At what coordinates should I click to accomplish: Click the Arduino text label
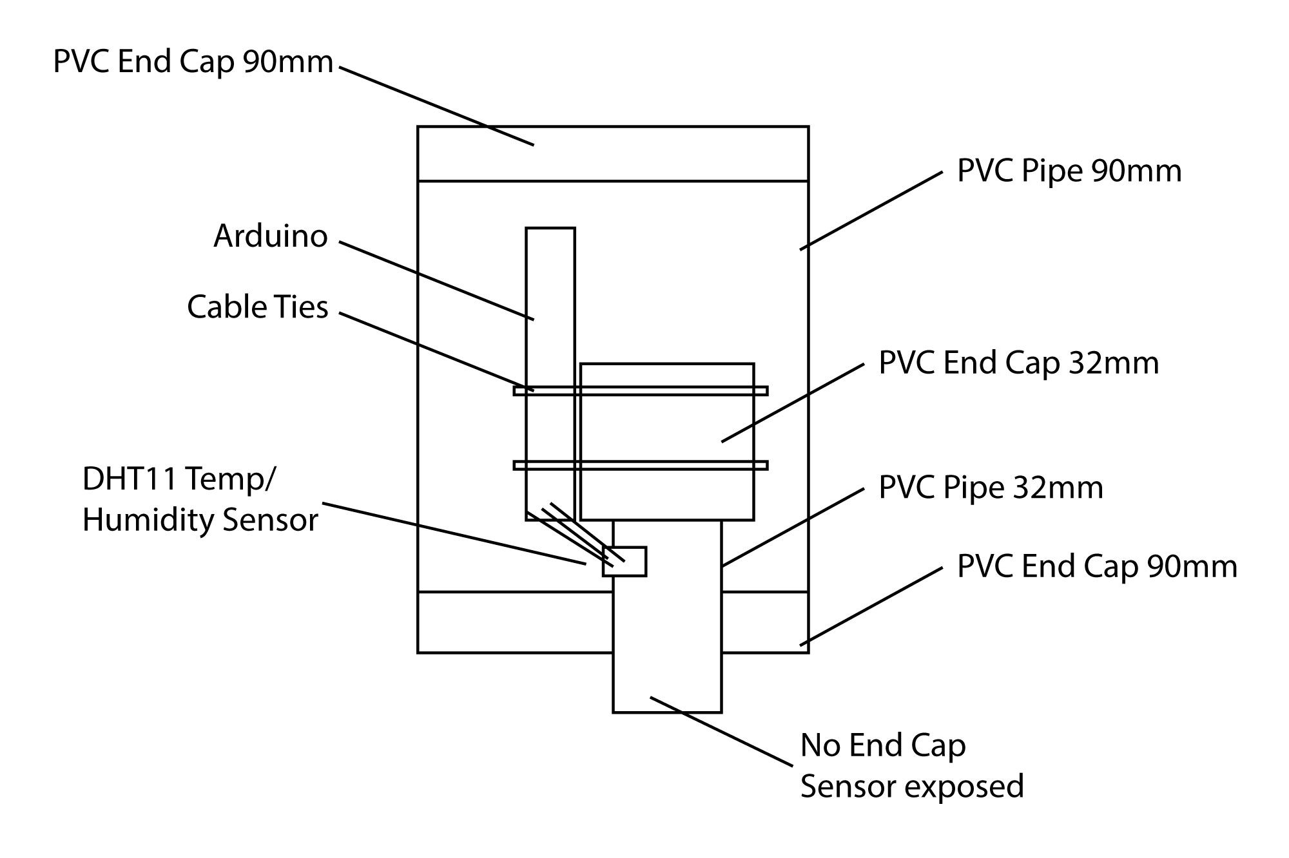(271, 236)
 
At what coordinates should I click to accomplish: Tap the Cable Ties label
(258, 307)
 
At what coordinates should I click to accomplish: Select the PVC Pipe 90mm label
(1069, 171)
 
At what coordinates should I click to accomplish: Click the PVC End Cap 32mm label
(1019, 363)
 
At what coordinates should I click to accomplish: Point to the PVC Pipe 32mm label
(991, 488)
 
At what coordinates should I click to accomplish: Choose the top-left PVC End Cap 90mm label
(193, 62)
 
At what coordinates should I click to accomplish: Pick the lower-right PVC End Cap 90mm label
(1098, 567)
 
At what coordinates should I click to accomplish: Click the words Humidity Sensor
(200, 520)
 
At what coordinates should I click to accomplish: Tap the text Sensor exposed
(912, 786)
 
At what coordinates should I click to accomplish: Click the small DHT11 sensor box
(625, 562)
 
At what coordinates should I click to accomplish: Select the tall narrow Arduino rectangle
(550, 374)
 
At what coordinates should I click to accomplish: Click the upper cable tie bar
(641, 390)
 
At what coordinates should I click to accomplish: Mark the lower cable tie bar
(641, 465)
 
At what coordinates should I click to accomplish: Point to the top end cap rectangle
(613, 154)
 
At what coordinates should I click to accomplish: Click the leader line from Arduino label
(437, 281)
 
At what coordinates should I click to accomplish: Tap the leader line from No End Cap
(721, 732)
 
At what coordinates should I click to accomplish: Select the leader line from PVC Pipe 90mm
(871, 211)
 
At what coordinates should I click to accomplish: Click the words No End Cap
(883, 746)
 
